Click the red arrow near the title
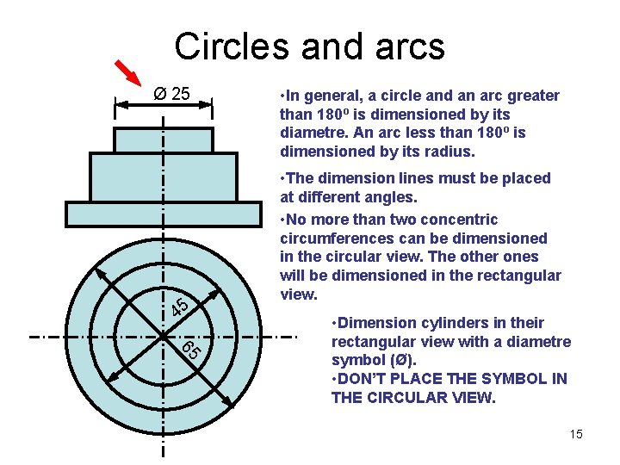128,76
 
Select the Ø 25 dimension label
171,93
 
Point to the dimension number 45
181,306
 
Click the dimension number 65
191,349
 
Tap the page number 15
576,434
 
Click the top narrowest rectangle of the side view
164,139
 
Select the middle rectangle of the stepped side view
164,177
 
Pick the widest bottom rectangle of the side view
164,214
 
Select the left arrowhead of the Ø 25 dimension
120,104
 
